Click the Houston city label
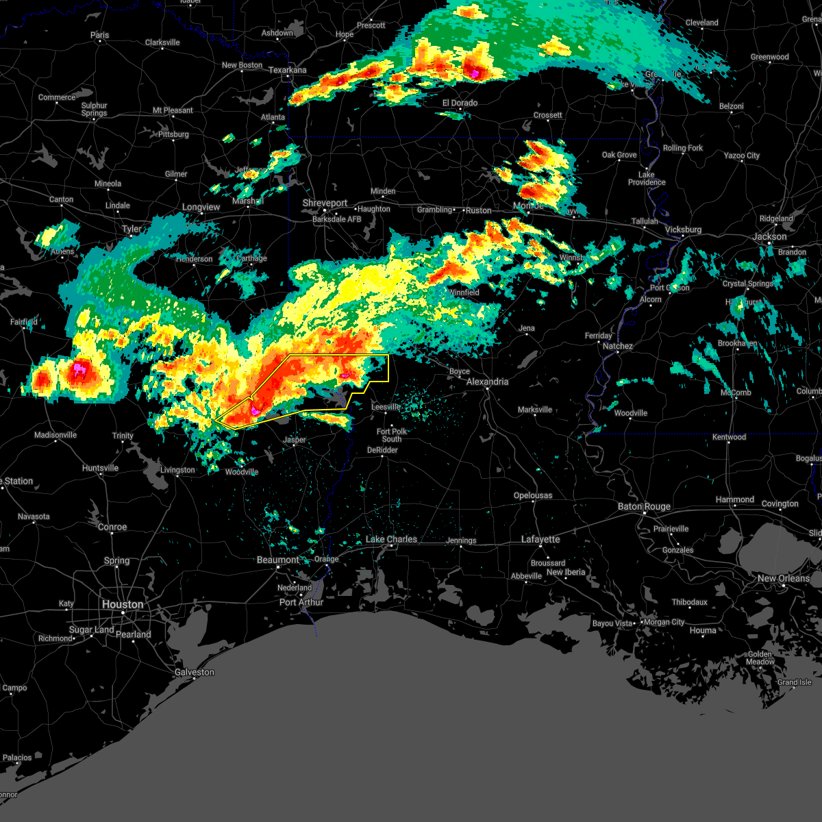pos(123,604)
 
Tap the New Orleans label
pos(783,578)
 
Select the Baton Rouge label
pos(644,506)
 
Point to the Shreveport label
pos(325,203)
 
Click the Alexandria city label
pos(488,382)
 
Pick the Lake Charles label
pos(391,539)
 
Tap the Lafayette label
pos(540,539)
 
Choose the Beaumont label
pos(278,560)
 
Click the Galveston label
pos(195,672)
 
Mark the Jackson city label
pos(770,236)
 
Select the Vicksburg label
pos(683,229)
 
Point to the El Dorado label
pos(460,103)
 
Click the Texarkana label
pos(288,70)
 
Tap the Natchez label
pos(618,346)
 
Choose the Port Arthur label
pos(301,602)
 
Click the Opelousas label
pos(533,495)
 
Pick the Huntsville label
pos(101,468)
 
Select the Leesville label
pos(386,407)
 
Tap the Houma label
pos(703,630)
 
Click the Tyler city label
pos(132,229)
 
